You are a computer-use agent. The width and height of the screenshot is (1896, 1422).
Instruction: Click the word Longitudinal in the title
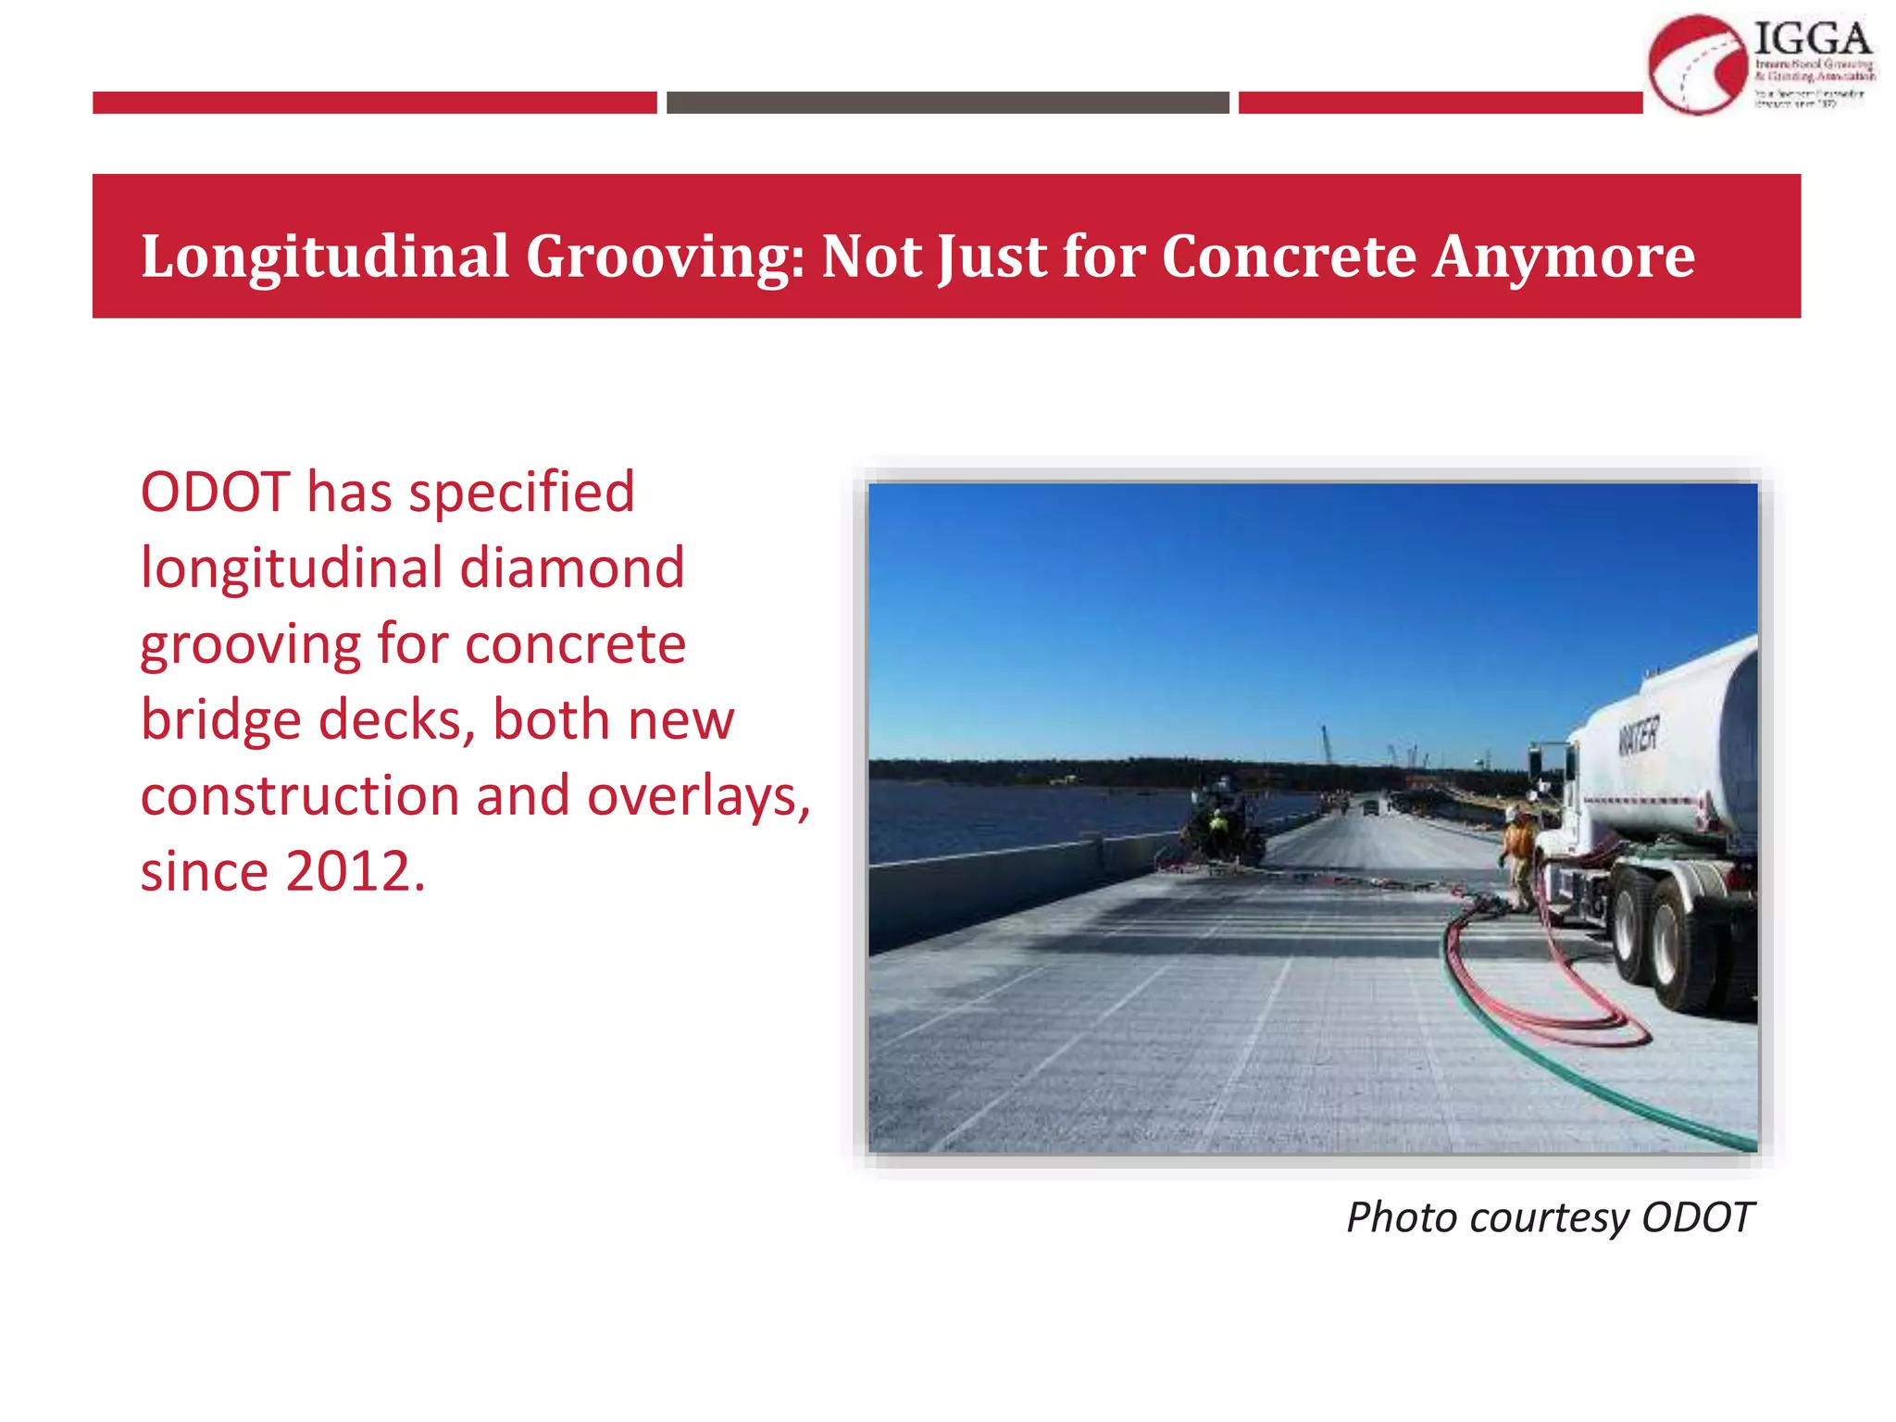[325, 256]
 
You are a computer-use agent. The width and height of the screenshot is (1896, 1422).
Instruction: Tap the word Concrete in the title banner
[1289, 256]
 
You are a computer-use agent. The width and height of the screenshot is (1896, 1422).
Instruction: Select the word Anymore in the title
[1564, 256]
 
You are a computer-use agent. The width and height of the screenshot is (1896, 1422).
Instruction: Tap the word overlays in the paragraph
[699, 796]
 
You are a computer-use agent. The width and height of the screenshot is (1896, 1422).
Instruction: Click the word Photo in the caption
[1402, 1217]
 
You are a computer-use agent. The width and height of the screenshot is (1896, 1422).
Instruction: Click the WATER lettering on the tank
[1638, 736]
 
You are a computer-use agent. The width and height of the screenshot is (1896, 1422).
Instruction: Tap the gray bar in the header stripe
[947, 103]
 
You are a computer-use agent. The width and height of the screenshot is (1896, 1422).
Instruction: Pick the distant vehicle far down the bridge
[1369, 807]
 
